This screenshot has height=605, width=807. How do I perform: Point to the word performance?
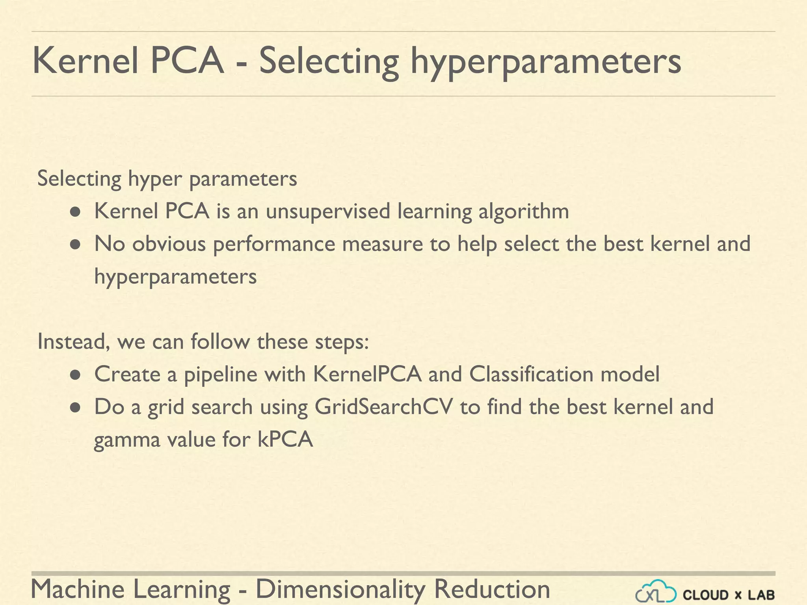274,244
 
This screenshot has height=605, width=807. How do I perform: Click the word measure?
382,244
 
